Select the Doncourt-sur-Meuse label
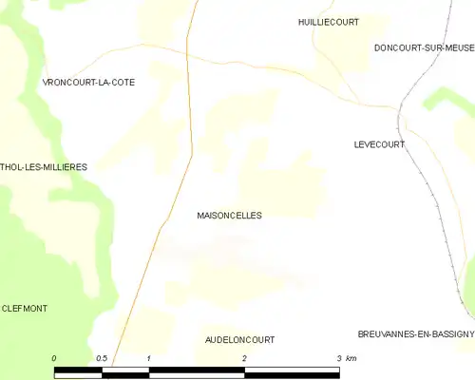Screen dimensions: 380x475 [x=424, y=47]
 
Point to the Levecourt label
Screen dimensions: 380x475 [x=379, y=144]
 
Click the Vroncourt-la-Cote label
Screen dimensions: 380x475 [x=88, y=83]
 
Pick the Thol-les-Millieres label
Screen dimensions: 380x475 [x=44, y=167]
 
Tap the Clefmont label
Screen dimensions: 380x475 [x=25, y=309]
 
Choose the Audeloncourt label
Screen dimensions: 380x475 [x=239, y=339]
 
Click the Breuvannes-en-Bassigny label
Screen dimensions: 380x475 [x=416, y=334]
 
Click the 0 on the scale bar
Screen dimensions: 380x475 [x=54, y=358]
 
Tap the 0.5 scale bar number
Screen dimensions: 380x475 [x=102, y=358]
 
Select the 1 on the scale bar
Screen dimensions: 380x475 [x=149, y=358]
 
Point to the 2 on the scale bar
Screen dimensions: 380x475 [x=244, y=358]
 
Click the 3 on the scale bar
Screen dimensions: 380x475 [x=338, y=358]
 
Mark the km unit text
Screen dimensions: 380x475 [x=351, y=358]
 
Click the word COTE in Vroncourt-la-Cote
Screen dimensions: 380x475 [x=121, y=83]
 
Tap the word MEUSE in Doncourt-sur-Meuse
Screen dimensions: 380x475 [x=456, y=47]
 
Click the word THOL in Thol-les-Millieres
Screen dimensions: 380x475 [x=12, y=167]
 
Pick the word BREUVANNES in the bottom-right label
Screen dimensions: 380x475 [x=384, y=334]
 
